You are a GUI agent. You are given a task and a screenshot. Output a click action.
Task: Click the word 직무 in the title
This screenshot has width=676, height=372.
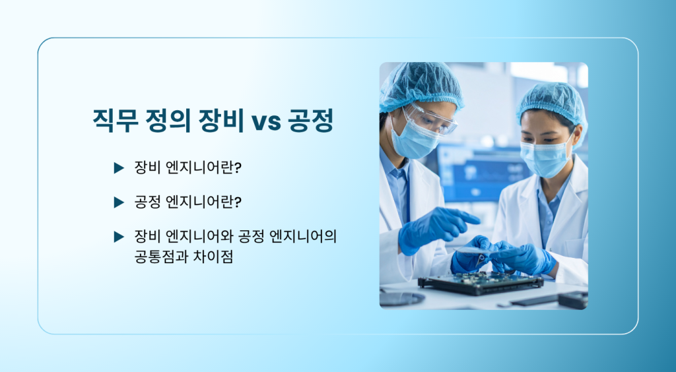tap(116, 121)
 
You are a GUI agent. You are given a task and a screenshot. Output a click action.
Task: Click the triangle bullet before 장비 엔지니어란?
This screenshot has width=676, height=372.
tap(119, 168)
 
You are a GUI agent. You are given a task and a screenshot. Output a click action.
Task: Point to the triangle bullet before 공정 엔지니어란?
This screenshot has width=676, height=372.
tap(119, 202)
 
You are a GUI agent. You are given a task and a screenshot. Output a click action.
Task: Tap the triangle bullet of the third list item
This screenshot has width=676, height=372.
tap(119, 237)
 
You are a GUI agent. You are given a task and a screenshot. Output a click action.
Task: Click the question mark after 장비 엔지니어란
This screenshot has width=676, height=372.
tap(238, 168)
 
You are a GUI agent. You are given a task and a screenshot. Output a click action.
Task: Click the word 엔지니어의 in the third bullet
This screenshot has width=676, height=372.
tap(302, 236)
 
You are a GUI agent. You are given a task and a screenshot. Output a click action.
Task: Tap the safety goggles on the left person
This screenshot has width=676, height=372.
tap(429, 119)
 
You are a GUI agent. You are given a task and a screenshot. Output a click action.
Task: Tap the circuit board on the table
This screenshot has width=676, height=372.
tap(481, 284)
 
